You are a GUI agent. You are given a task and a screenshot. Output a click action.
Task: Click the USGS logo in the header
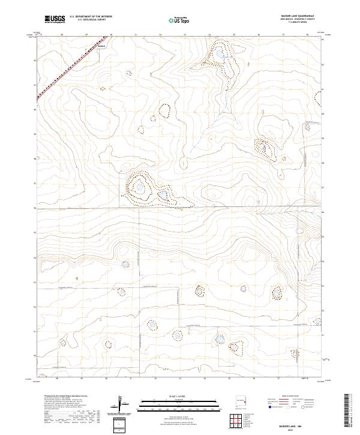pyautogui.click(x=55, y=20)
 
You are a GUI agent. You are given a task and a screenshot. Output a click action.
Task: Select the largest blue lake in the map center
pyautogui.click(x=140, y=187)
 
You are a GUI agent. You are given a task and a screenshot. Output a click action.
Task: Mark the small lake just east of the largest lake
pyautogui.click(x=163, y=194)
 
